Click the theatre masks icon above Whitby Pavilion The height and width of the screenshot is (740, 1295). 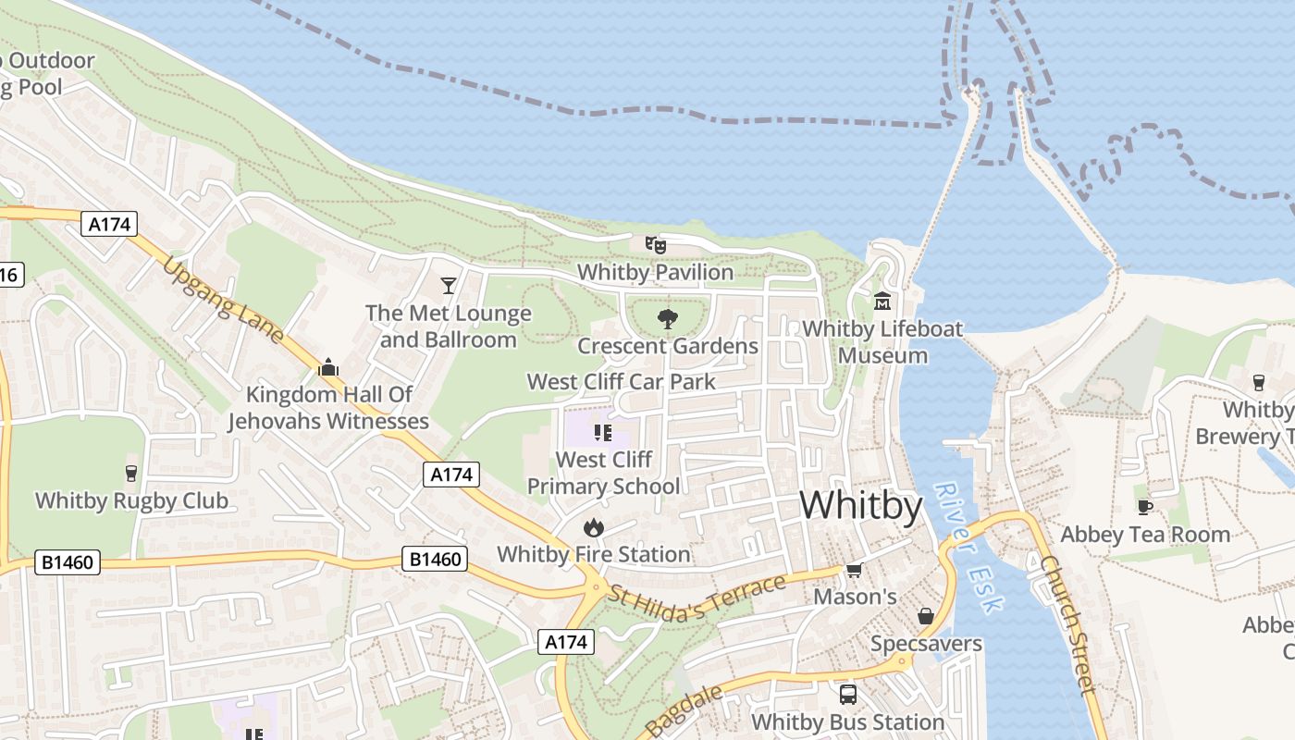656,244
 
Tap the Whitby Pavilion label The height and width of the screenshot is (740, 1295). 655,272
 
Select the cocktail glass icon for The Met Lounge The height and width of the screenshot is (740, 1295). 449,285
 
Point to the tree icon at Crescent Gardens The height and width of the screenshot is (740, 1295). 667,320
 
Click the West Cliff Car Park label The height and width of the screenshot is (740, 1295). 621,381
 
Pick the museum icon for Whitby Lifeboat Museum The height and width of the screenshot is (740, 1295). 882,302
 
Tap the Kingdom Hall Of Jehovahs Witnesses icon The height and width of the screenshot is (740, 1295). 328,368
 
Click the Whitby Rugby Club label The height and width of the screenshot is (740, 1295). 131,501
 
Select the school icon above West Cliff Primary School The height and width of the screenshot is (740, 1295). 603,432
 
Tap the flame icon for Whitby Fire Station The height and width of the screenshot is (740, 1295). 593,527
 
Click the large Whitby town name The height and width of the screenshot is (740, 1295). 861,506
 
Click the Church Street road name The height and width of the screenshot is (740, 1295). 1067,624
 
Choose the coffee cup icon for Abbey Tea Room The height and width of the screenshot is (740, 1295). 1144,507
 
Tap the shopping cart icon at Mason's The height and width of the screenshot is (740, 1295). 854,570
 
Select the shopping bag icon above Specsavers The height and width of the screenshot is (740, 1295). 925,616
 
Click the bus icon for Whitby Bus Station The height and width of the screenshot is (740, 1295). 847,694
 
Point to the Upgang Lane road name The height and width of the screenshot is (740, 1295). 223,301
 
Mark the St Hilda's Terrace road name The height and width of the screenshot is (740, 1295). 697,597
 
